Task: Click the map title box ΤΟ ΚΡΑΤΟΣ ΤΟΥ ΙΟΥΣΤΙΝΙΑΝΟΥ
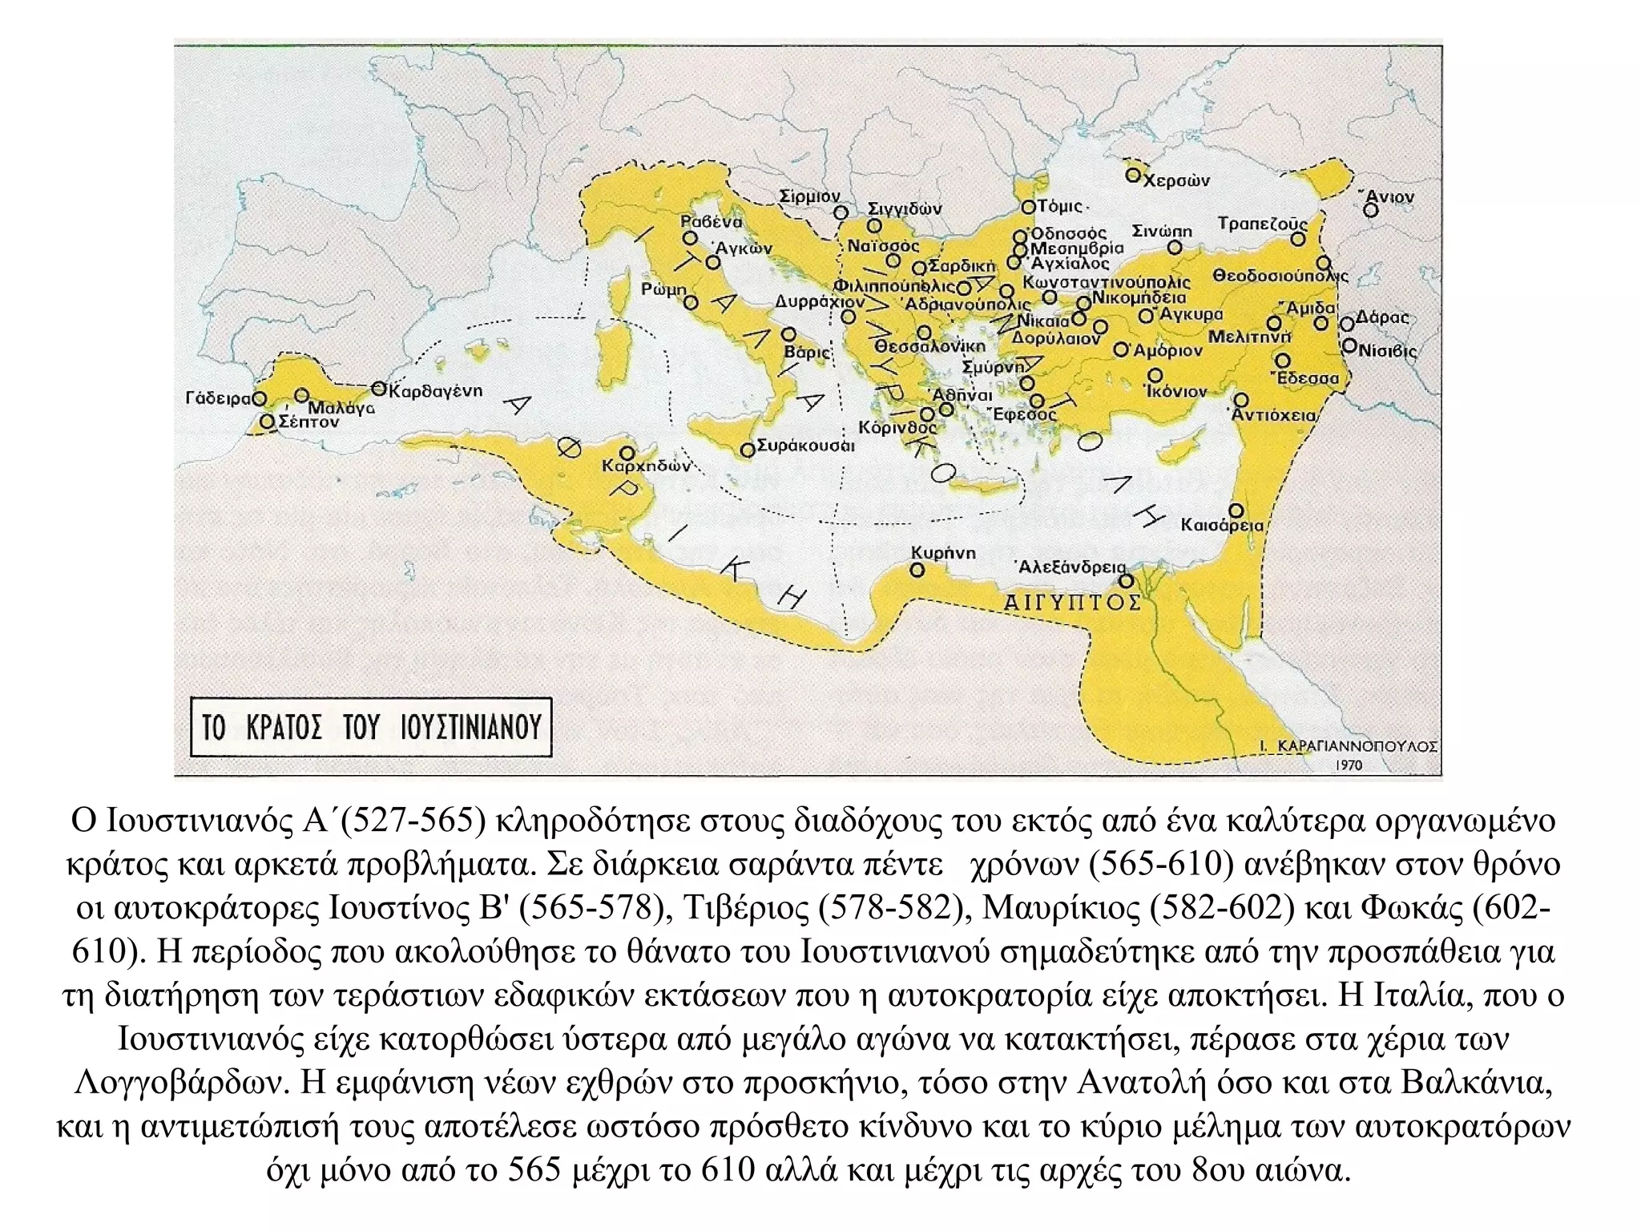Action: [371, 728]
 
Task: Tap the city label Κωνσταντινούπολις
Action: [1107, 283]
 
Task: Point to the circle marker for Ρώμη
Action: [691, 303]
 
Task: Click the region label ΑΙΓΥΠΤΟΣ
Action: [1072, 602]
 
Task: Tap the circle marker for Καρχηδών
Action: [627, 454]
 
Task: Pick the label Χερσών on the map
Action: [1175, 181]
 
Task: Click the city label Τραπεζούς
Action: [1262, 224]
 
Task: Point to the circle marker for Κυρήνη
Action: [917, 571]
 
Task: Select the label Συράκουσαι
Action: [805, 446]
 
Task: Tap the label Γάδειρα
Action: [218, 398]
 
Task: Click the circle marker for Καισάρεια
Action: [1236, 511]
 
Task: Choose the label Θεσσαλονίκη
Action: [929, 346]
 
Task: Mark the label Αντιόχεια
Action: [1274, 415]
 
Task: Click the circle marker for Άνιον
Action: [1371, 210]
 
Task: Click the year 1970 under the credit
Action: [1349, 765]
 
